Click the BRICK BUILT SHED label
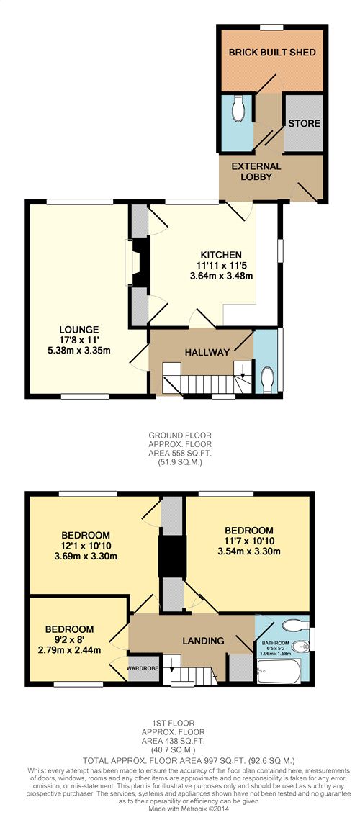pos(272,53)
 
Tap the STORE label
pos(305,124)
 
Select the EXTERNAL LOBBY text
pos(256,171)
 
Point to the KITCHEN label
pos(221,255)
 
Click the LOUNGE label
pos(79,329)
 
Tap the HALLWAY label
pos(207,352)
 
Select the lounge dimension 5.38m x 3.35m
pos(79,351)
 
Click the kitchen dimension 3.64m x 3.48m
pos(221,276)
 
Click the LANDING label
pos(203,640)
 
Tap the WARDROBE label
pos(143,667)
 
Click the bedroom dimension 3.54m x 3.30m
pos(249,551)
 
